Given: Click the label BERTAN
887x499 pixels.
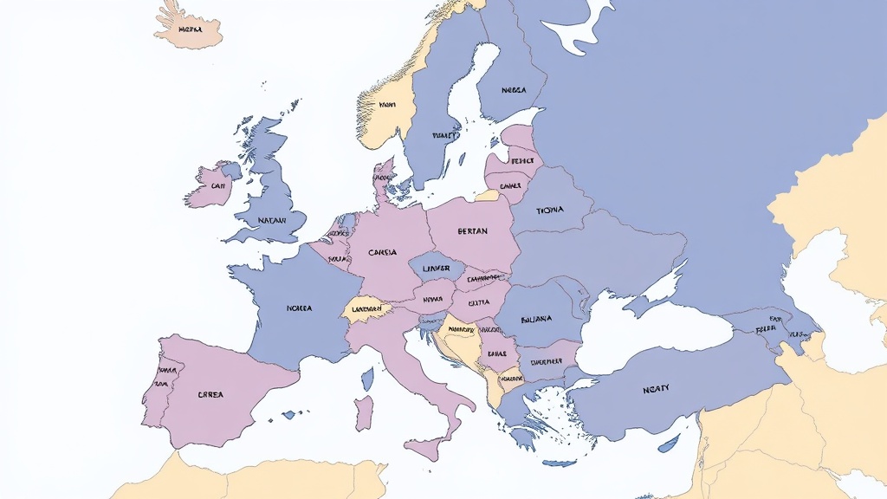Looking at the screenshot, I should pyautogui.click(x=472, y=231).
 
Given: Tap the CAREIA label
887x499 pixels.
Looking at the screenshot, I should pyautogui.click(x=382, y=252).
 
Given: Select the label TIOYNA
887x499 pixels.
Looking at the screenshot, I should pyautogui.click(x=549, y=210).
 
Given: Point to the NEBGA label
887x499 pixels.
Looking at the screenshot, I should pyautogui.click(x=514, y=90).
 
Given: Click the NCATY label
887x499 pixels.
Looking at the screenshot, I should pyautogui.click(x=656, y=389).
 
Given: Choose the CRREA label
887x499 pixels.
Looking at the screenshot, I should pyautogui.click(x=210, y=394).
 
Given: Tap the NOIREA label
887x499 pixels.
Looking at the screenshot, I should pyautogui.click(x=299, y=308).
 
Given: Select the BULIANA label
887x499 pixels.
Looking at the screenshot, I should pyautogui.click(x=535, y=319).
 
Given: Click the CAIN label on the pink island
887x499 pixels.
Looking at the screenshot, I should pyautogui.click(x=217, y=185).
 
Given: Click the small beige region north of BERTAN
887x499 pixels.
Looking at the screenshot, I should pyautogui.click(x=488, y=197).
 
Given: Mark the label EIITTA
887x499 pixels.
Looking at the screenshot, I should pyautogui.click(x=478, y=303).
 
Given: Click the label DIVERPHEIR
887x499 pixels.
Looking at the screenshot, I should pyautogui.click(x=547, y=361).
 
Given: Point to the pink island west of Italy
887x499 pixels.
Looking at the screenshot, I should pyautogui.click(x=364, y=412).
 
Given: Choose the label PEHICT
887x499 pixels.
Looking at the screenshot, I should pyautogui.click(x=521, y=161).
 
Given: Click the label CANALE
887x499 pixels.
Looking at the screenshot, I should pyautogui.click(x=510, y=185).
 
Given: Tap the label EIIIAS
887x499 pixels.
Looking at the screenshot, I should pyautogui.click(x=497, y=353).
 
